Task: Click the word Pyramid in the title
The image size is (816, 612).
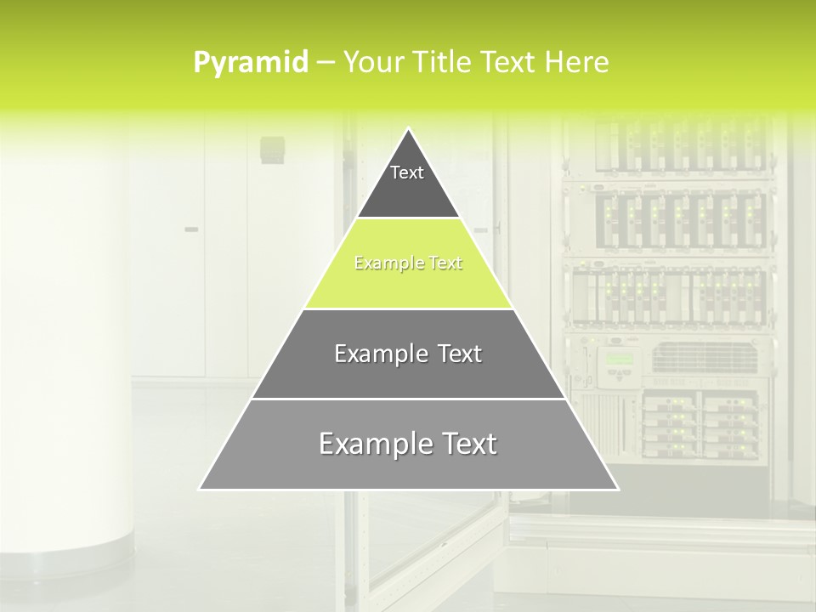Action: tap(251, 62)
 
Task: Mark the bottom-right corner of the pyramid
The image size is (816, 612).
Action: tap(617, 489)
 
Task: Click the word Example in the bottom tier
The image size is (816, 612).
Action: tap(374, 444)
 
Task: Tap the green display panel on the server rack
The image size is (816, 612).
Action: tap(619, 358)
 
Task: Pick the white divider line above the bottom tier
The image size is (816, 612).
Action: tap(408, 399)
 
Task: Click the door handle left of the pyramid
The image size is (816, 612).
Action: tap(191, 229)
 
